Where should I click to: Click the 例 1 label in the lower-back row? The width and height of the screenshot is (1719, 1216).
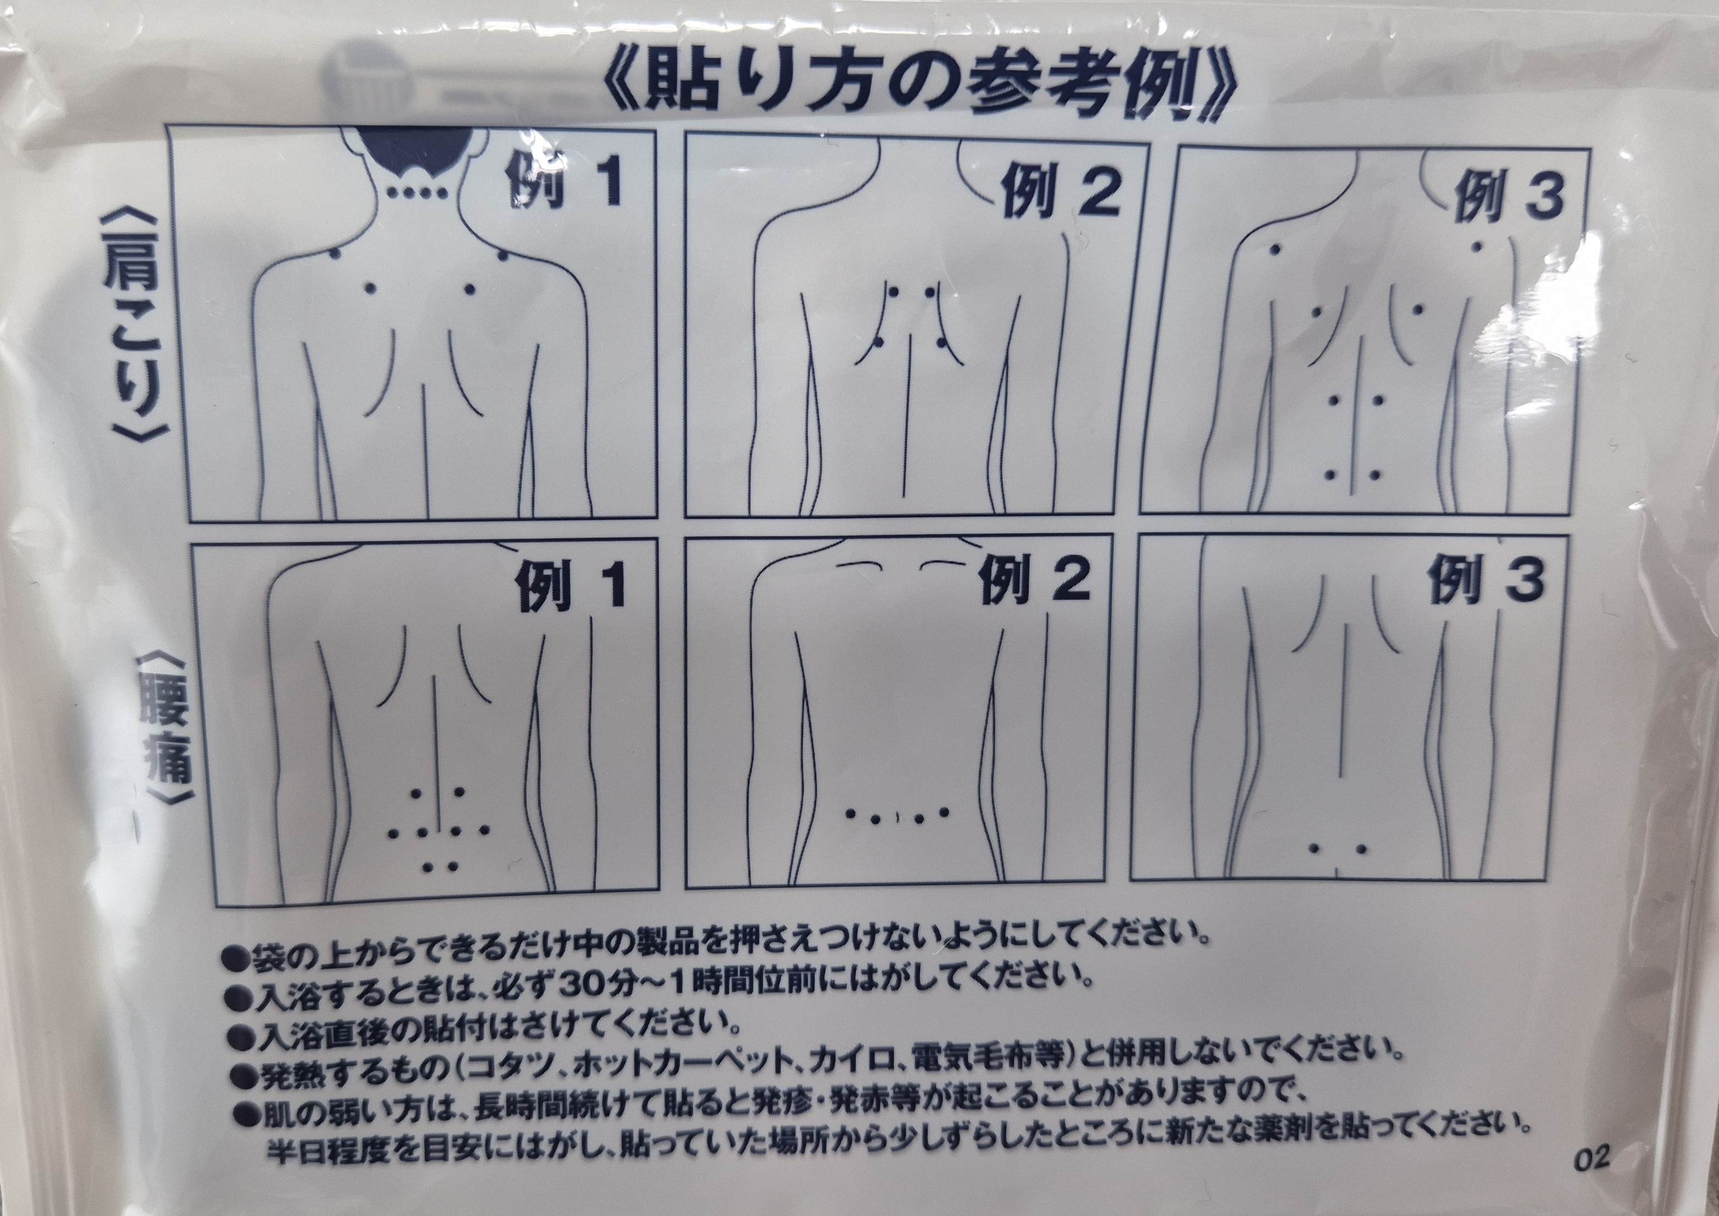pyautogui.click(x=571, y=585)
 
